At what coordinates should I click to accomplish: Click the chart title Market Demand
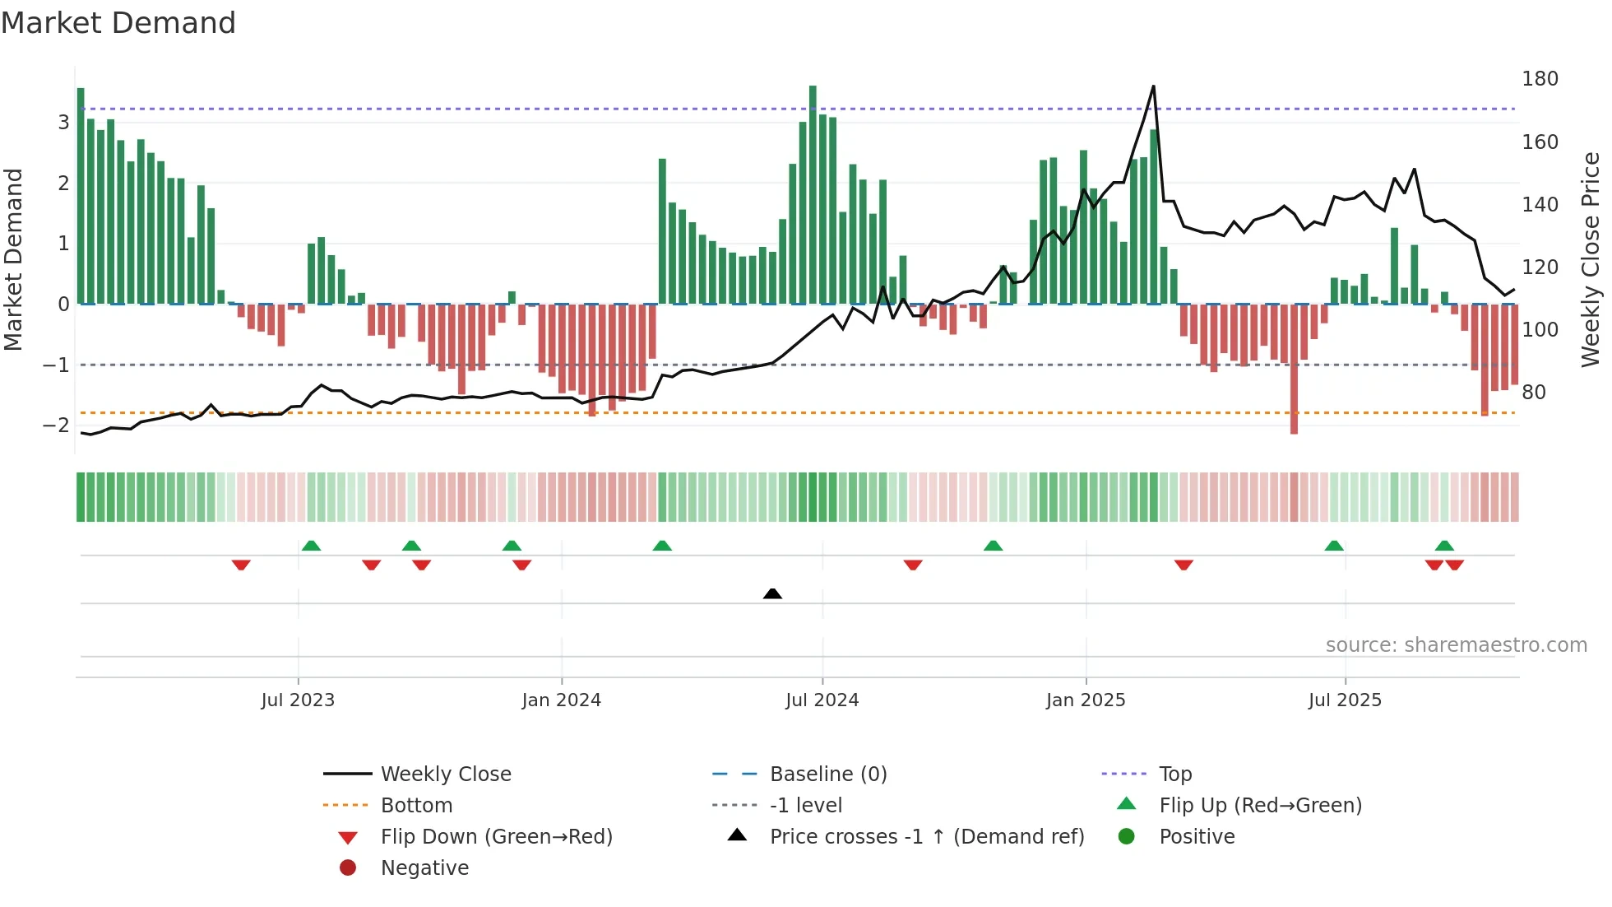[118, 23]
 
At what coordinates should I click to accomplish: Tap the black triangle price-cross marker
[772, 593]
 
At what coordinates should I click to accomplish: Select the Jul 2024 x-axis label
[822, 700]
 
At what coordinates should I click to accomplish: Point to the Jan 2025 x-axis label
[1086, 700]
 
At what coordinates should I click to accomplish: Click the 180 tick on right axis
[1540, 79]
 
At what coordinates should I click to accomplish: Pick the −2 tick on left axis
[57, 426]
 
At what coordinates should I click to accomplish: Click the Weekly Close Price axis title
[1591, 259]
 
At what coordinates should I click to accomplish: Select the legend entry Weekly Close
[446, 774]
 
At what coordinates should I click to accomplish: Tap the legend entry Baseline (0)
[828, 774]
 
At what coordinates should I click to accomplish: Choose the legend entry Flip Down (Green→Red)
[496, 837]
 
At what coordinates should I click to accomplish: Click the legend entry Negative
[424, 868]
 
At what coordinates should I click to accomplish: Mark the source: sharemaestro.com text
[1456, 645]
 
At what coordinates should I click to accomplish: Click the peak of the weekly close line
[1153, 86]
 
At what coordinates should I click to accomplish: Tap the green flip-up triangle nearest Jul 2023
[311, 546]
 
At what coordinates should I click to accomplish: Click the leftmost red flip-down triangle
[241, 565]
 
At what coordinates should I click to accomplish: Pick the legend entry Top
[1175, 774]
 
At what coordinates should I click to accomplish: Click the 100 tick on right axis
[1540, 330]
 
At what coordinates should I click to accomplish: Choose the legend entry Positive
[1197, 837]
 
